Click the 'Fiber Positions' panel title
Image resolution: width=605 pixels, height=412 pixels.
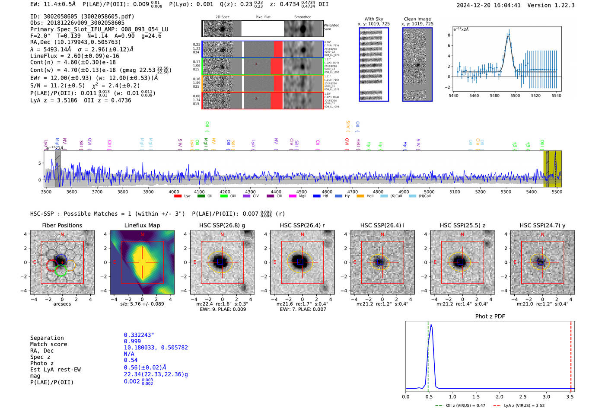point(62,225)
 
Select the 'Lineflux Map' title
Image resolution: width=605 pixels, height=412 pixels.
point(142,225)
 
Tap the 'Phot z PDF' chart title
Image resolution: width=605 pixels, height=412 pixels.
point(490,316)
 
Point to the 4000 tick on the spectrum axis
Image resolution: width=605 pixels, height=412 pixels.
point(174,192)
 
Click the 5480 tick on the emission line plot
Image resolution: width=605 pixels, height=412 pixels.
point(495,96)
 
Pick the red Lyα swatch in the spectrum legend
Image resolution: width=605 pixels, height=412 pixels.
point(178,196)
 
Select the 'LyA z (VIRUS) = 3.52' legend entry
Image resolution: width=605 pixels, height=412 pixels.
point(519,406)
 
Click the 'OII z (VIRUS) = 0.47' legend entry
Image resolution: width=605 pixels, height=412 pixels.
point(461,406)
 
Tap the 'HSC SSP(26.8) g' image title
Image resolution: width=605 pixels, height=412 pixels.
point(222,225)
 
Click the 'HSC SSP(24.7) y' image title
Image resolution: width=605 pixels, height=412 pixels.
point(542,225)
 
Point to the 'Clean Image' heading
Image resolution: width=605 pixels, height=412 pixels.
point(417,19)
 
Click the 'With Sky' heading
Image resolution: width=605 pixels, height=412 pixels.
point(373,19)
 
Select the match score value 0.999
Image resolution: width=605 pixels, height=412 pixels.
point(132,341)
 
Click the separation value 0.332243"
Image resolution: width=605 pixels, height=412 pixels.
point(139,335)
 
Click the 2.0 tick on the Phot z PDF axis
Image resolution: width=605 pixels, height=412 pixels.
point(500,396)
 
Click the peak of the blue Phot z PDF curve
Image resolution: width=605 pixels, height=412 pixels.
point(431,325)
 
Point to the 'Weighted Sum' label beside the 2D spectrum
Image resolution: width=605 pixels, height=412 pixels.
point(331,27)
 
